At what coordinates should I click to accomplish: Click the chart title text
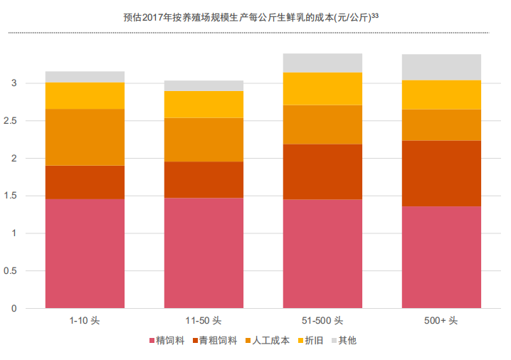point(251,16)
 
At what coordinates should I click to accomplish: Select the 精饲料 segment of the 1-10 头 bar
point(85,253)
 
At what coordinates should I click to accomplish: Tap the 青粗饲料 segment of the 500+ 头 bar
point(441,174)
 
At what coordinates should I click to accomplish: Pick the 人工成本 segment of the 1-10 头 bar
point(85,137)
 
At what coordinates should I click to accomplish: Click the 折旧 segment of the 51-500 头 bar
point(322,89)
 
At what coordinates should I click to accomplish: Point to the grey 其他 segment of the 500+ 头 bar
point(441,67)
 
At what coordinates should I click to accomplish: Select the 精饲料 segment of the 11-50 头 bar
point(204,253)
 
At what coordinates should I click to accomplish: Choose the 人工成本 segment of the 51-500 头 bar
point(322,125)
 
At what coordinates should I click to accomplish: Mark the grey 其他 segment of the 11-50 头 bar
point(204,85)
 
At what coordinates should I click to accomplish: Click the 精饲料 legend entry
point(167,341)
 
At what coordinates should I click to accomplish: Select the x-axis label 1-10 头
point(85,321)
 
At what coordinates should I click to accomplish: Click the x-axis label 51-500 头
point(322,321)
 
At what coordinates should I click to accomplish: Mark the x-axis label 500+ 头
point(441,321)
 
